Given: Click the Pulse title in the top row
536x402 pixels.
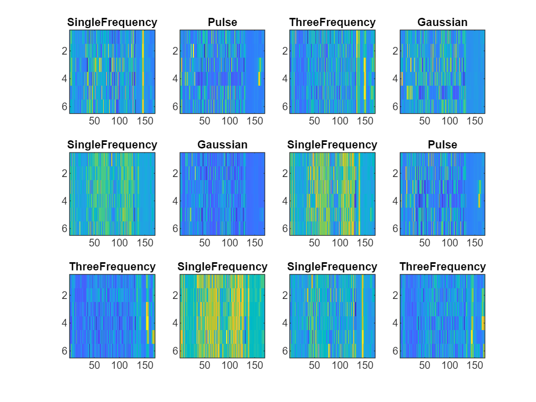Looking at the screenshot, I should point(222,22).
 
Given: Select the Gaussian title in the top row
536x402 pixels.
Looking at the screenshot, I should point(442,22).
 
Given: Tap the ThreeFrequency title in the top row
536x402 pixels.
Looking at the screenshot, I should point(332,22).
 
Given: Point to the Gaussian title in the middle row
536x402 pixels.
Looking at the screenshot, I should point(222,145).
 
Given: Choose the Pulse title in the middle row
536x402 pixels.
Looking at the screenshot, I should point(442,145).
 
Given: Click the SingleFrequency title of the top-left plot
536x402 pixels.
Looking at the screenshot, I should point(112,22).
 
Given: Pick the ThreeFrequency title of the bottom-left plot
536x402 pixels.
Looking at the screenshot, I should point(112,267).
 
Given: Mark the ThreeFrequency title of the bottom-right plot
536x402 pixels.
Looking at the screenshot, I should point(442,267).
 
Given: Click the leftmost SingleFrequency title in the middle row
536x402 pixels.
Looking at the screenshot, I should point(112,145).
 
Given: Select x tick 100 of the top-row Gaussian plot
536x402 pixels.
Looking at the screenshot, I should point(450,121).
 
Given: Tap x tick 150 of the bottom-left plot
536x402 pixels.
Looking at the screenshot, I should point(145,365).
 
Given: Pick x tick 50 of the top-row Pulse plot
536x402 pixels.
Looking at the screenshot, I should point(205,121).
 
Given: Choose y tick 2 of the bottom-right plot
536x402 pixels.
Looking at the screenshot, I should point(395,295).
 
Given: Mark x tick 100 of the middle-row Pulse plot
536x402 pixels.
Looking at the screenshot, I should point(450,243).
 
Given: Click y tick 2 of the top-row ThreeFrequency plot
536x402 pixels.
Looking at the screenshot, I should point(284,51).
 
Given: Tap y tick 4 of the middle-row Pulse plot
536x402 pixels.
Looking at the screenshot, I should point(395,201).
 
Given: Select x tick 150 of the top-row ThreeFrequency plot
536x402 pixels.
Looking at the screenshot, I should point(365,121).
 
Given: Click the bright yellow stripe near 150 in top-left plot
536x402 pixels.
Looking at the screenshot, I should point(143,71).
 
